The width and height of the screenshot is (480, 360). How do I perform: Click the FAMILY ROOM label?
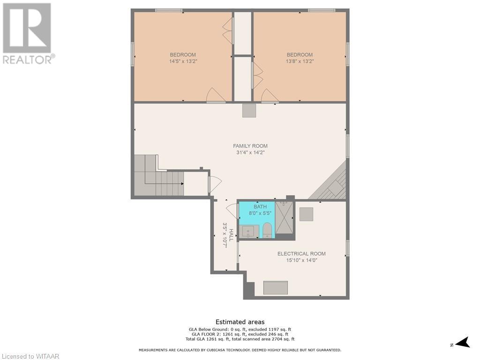(x=250, y=146)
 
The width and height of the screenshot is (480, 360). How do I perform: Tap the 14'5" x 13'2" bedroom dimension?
(x=183, y=61)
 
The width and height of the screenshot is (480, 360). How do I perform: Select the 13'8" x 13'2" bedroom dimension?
(x=300, y=61)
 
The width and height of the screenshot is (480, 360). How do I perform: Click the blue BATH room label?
(x=260, y=207)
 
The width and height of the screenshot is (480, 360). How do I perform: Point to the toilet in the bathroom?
(x=267, y=230)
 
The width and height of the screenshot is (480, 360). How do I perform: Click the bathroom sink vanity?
(x=249, y=232)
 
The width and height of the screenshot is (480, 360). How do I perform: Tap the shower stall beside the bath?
(x=284, y=217)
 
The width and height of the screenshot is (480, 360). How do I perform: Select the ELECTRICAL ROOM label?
(x=301, y=254)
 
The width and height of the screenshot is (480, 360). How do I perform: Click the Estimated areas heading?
(x=240, y=322)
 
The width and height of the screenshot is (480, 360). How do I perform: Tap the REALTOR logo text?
(x=29, y=60)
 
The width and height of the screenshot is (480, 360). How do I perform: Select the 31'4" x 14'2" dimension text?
(x=250, y=152)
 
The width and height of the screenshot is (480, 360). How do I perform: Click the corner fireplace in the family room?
(x=330, y=183)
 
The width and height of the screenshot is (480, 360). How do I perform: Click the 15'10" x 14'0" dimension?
(x=301, y=261)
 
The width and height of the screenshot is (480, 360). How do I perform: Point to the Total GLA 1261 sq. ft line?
(x=240, y=339)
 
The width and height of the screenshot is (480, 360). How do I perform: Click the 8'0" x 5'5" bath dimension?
(x=260, y=213)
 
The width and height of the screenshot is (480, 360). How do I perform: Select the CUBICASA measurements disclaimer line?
(x=240, y=350)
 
